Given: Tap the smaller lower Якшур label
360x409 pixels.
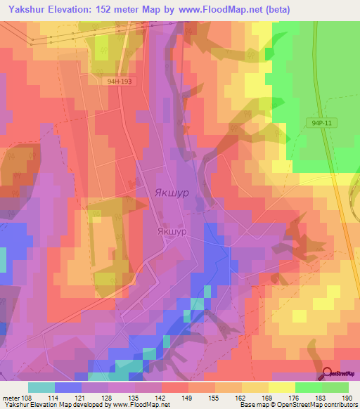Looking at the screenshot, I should point(172,231).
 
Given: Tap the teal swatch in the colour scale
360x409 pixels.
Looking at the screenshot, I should point(41,387).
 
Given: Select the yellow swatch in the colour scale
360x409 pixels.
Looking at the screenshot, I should point(282,387).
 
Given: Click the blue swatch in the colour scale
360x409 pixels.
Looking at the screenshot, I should point(68,387).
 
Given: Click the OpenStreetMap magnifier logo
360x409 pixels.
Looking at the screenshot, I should point(328,372).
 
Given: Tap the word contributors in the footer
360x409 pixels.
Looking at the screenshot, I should point(338,405).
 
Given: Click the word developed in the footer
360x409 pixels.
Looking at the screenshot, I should point(80,405).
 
